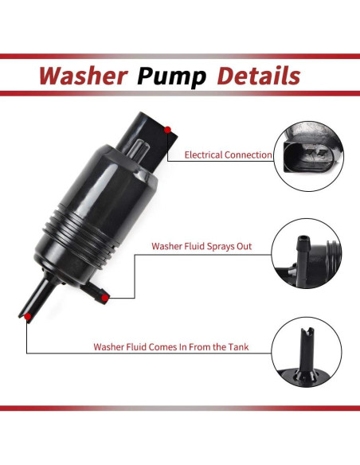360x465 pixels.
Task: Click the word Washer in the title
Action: coord(83,76)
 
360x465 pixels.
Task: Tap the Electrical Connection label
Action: coord(228,155)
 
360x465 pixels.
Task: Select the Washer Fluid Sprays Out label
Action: coord(202,247)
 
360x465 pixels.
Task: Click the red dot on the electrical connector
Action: coord(167,130)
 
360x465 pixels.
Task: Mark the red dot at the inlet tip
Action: coord(29,317)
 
